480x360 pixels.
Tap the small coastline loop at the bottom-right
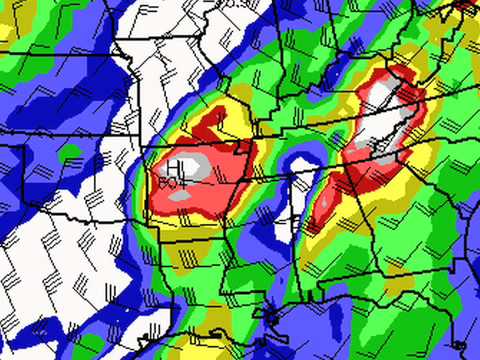click(x=460, y=345)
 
